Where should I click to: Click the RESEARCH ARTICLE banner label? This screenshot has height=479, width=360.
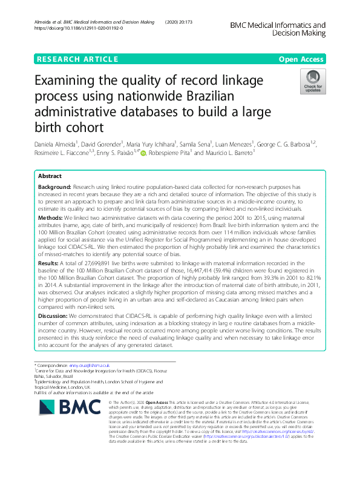point(77,59)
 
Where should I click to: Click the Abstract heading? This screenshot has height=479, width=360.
point(50,176)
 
